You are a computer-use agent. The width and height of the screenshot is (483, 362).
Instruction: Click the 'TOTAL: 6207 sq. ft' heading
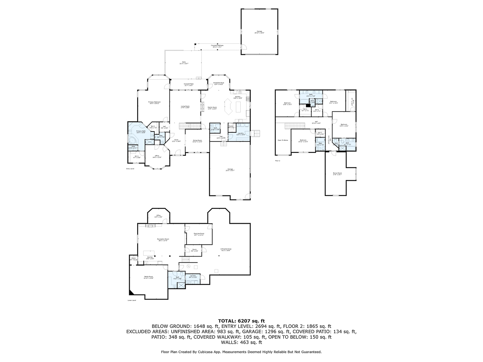tap(241, 321)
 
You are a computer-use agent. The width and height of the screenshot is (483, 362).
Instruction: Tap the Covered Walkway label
tap(217, 46)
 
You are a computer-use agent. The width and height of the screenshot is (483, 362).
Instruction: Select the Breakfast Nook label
tap(219, 83)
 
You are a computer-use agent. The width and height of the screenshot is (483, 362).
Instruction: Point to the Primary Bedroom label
tap(155, 103)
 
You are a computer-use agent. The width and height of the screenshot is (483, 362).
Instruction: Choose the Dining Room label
tap(197, 141)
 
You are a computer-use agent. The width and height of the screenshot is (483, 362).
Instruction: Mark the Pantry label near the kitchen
tap(231, 127)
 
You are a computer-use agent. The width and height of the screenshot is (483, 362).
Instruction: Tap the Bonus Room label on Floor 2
tap(337, 174)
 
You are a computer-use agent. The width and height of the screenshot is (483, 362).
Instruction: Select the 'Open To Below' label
tap(283, 140)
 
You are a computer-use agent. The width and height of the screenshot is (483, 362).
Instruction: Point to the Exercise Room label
tap(199, 234)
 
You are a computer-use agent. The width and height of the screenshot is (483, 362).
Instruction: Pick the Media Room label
tap(149, 277)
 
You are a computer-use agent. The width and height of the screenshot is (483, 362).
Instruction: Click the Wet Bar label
tap(151, 258)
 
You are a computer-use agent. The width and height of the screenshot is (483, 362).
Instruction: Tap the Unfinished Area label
tap(225, 249)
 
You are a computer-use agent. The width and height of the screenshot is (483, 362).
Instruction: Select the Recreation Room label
tap(163, 240)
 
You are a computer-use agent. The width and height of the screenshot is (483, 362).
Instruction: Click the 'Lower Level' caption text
tap(132, 300)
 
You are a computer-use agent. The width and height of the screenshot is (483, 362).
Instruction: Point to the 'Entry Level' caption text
tap(130, 169)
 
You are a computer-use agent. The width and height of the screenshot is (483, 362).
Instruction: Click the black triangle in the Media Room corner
tap(131, 292)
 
